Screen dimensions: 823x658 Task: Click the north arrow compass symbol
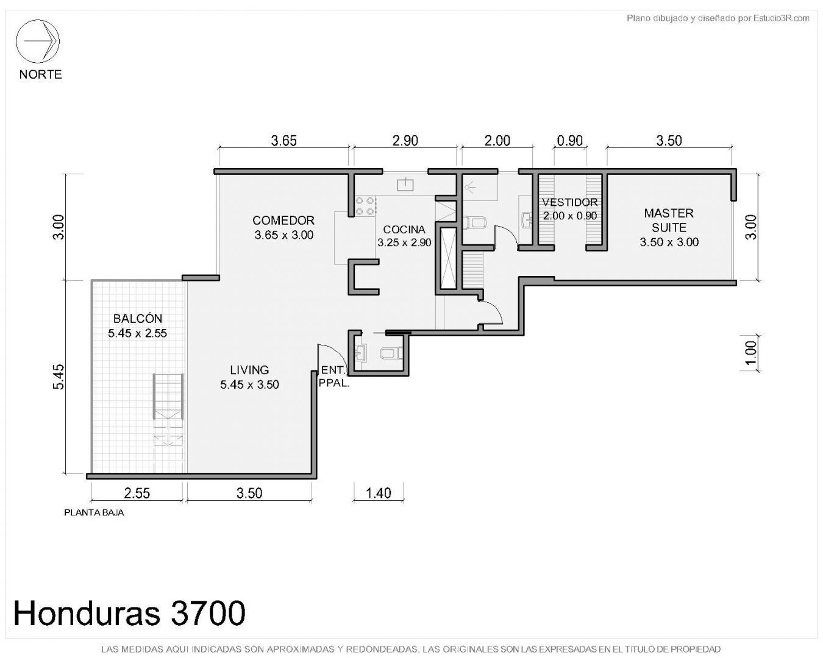pos(37,41)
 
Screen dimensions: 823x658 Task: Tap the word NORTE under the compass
pos(40,74)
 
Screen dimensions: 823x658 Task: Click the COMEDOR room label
pos(283,221)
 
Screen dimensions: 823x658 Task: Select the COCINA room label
pos(404,230)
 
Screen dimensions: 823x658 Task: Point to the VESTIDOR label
pos(570,202)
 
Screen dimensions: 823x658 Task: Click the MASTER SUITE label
pos(669,220)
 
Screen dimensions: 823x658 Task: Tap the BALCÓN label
pos(138,318)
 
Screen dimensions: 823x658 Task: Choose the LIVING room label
pos(249,370)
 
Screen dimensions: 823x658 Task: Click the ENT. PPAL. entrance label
pos(334,377)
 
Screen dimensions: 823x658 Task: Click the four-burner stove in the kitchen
pos(365,206)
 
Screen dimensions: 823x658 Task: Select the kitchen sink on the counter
pos(405,184)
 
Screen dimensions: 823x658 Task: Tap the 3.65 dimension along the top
pos(283,141)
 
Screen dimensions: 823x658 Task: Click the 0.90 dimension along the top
pos(570,141)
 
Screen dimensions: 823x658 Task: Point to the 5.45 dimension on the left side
pos(59,377)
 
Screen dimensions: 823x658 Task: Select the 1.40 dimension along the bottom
pos(378,493)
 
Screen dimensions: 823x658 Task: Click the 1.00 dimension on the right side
pos(751,353)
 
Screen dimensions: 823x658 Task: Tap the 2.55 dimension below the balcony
pos(137,493)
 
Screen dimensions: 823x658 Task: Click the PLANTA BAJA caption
pos(94,513)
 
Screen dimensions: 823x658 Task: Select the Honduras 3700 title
pos(129,613)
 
